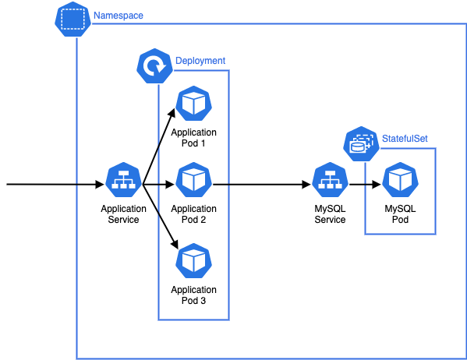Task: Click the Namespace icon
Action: tap(73, 19)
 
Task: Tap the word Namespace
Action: tap(118, 16)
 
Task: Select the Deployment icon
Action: tap(154, 65)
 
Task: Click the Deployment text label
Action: tap(200, 61)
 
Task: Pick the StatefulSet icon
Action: tap(361, 143)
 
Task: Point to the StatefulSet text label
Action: tap(404, 139)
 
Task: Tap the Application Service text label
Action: tap(124, 214)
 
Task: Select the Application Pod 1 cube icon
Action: tap(193, 104)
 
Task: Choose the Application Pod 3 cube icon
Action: tap(193, 261)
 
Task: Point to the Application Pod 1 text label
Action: tap(193, 138)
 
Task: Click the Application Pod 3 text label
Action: tap(193, 295)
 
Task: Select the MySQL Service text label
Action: tap(330, 214)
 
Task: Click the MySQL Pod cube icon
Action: tap(400, 182)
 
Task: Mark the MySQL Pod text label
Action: tap(400, 214)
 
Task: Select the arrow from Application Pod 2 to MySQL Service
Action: tap(261, 185)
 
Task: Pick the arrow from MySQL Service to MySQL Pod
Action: tap(365, 185)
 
